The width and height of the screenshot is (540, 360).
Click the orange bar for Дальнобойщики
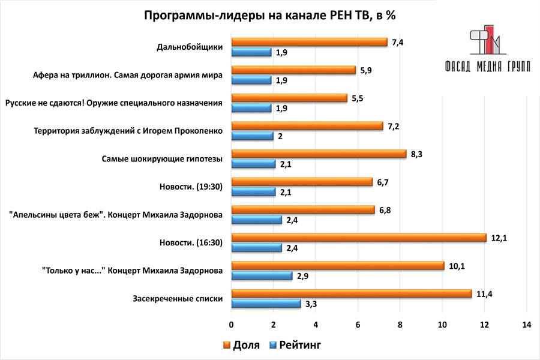309,42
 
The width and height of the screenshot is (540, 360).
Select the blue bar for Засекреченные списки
266,304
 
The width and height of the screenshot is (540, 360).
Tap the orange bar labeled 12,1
359,238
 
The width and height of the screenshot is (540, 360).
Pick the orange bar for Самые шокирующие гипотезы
319,154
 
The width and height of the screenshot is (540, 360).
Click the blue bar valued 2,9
262,275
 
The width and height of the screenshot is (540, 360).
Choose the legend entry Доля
242,345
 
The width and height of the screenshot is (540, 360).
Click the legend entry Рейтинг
295,345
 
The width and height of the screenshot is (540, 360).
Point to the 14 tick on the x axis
527,325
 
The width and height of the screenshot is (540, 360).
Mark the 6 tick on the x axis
358,325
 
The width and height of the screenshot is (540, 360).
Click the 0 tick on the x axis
232,325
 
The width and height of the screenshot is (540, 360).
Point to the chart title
269,16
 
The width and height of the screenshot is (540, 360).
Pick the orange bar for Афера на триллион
293,70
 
